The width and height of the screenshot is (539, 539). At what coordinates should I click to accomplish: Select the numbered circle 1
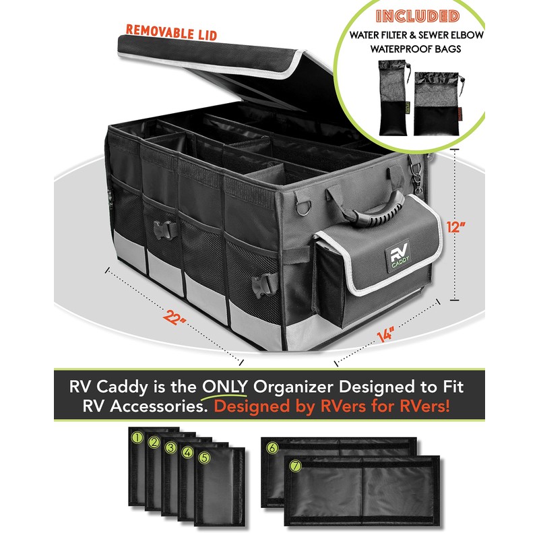click(137, 439)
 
